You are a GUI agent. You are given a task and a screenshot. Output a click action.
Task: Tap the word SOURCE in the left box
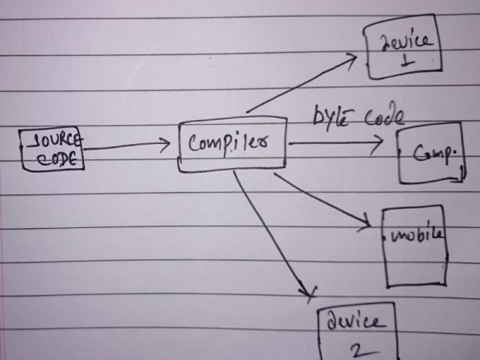coord(55,142)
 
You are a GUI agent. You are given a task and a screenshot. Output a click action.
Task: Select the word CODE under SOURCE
coord(58,158)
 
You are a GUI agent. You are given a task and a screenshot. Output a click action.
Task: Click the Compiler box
coord(231,146)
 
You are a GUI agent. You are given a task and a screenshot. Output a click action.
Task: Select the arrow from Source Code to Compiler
coord(128,146)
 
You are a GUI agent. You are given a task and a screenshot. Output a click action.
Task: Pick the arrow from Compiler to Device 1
coord(304,82)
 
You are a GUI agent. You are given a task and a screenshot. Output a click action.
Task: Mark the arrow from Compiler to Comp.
coord(336,143)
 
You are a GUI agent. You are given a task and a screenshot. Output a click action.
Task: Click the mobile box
coord(414,246)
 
